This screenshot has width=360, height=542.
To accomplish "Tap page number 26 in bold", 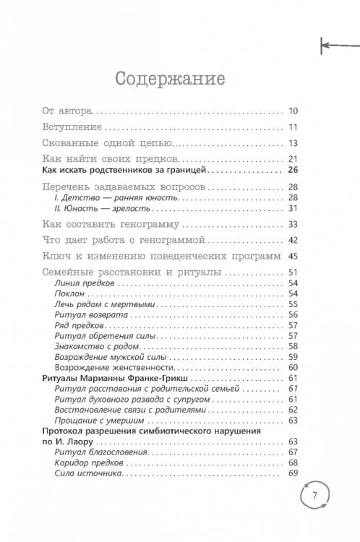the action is click(x=293, y=171).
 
